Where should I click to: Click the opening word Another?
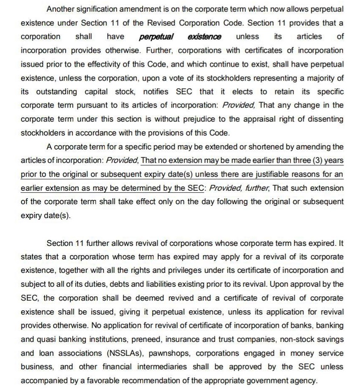point(61,9)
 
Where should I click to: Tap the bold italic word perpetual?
point(156,37)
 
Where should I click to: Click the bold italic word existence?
point(204,37)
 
